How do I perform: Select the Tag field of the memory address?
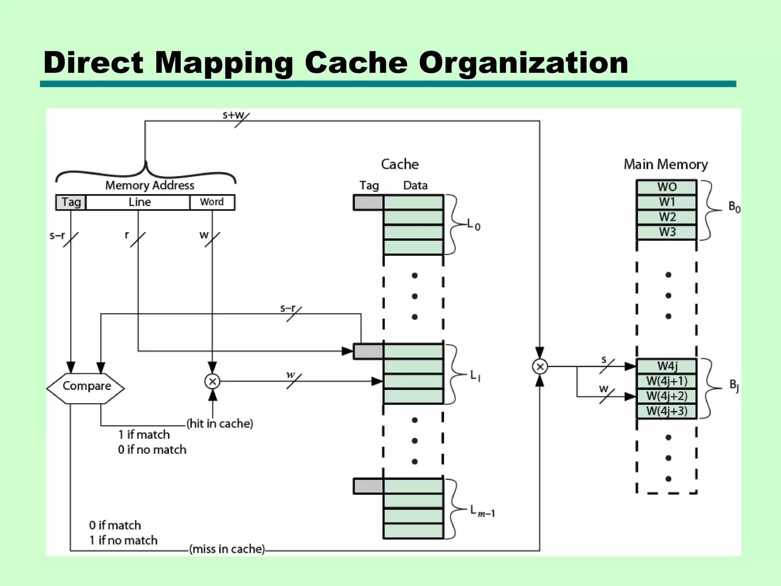tap(71, 202)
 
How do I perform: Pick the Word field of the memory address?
tap(212, 202)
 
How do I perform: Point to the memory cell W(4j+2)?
tap(667, 396)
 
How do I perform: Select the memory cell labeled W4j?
tap(667, 366)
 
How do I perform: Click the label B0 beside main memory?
tap(734, 207)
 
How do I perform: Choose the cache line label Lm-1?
tap(482, 511)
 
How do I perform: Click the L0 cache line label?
tap(474, 225)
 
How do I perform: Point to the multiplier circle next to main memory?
tap(540, 367)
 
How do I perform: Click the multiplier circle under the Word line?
tap(212, 381)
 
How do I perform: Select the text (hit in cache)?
tap(220, 423)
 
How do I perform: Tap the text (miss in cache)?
tap(227, 549)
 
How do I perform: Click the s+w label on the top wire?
tap(233, 115)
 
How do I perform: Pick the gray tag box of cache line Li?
tap(368, 351)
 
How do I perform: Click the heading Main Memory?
tap(665, 164)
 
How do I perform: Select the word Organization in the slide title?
tap(523, 63)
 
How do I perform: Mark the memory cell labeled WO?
tap(667, 187)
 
